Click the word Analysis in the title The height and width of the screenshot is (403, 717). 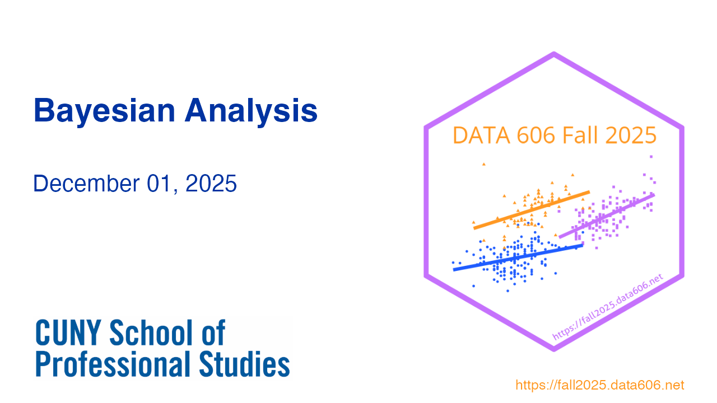click(x=252, y=111)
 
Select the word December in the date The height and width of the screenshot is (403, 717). click(x=86, y=184)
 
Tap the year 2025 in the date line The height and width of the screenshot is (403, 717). click(x=211, y=184)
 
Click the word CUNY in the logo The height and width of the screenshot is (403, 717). click(x=68, y=332)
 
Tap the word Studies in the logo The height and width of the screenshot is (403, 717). click(x=245, y=364)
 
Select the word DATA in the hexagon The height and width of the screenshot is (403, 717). click(x=481, y=135)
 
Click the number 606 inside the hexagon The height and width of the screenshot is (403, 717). click(x=536, y=135)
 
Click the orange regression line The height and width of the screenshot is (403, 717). click(x=532, y=210)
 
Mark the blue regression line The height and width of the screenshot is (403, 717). click(x=518, y=257)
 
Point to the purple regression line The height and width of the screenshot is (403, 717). click(x=607, y=215)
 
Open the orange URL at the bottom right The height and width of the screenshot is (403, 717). click(x=600, y=385)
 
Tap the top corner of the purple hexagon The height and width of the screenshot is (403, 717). click(x=554, y=53)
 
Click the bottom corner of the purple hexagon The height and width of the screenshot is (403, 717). click(x=554, y=350)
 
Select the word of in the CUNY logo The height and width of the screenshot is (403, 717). click(x=213, y=332)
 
